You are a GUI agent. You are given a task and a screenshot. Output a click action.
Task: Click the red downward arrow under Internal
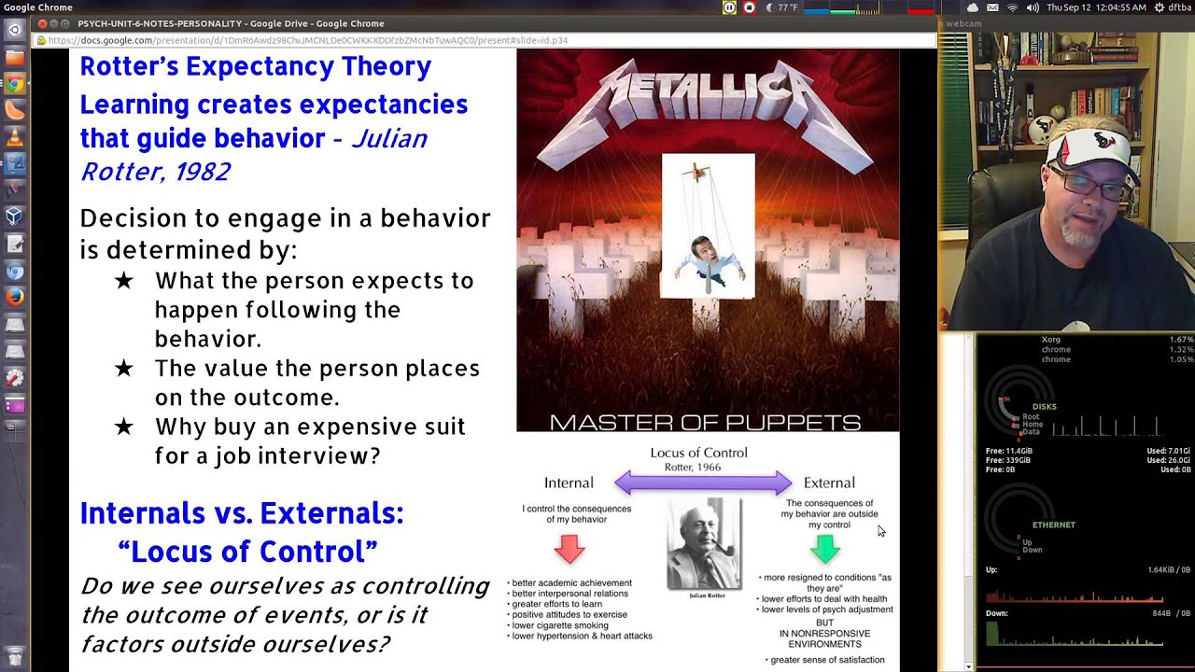[x=569, y=549]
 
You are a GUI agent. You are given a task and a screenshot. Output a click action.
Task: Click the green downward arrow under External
[x=825, y=549]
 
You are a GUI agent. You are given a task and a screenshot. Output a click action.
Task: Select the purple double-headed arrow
[x=703, y=483]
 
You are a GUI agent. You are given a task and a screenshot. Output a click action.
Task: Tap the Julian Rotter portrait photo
[x=703, y=545]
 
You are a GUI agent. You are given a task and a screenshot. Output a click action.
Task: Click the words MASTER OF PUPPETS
[x=705, y=423]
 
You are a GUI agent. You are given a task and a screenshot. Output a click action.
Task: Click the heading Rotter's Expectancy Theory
[x=255, y=67]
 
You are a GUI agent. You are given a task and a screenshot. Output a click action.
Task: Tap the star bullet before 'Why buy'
[x=123, y=427]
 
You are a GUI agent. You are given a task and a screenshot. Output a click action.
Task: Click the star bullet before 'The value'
[x=123, y=369]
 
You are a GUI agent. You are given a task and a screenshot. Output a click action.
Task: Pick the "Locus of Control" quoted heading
[x=247, y=552]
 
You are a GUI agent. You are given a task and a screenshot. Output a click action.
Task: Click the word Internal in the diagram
[x=569, y=483]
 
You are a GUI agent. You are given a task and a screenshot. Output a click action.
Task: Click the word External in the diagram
[x=829, y=483]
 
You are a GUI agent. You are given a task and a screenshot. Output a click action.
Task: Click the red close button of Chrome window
[x=42, y=23]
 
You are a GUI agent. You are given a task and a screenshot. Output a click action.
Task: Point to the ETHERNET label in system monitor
[x=1053, y=525]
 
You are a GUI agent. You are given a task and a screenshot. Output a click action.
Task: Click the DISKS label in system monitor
[x=1044, y=407]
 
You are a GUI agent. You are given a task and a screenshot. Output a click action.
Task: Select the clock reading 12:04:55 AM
[x=1097, y=7]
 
